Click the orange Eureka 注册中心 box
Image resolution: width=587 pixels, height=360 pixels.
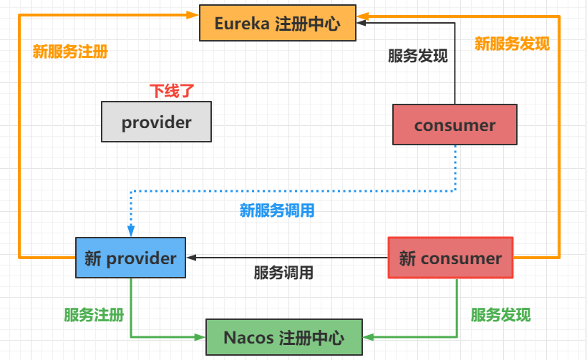click(x=278, y=23)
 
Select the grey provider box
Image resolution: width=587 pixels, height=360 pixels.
click(x=157, y=122)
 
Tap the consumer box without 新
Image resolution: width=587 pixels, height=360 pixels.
click(x=455, y=125)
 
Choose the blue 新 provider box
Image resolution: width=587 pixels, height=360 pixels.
click(x=130, y=258)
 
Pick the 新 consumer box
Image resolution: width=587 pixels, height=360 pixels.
click(x=450, y=258)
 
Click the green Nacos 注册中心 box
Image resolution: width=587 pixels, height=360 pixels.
click(x=283, y=337)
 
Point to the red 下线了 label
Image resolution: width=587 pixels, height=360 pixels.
click(x=172, y=91)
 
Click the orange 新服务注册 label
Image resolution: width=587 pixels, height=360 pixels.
click(x=70, y=52)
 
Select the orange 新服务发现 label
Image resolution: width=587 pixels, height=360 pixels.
click(x=512, y=44)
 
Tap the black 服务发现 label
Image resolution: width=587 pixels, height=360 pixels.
click(x=418, y=56)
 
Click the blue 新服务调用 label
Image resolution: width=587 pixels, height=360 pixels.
click(x=277, y=211)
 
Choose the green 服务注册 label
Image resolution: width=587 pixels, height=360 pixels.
click(x=94, y=315)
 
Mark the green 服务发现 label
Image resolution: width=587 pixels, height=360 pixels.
click(x=500, y=315)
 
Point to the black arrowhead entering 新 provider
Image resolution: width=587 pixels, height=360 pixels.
click(x=191, y=258)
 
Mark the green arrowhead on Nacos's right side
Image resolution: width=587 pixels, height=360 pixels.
click(x=367, y=337)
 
